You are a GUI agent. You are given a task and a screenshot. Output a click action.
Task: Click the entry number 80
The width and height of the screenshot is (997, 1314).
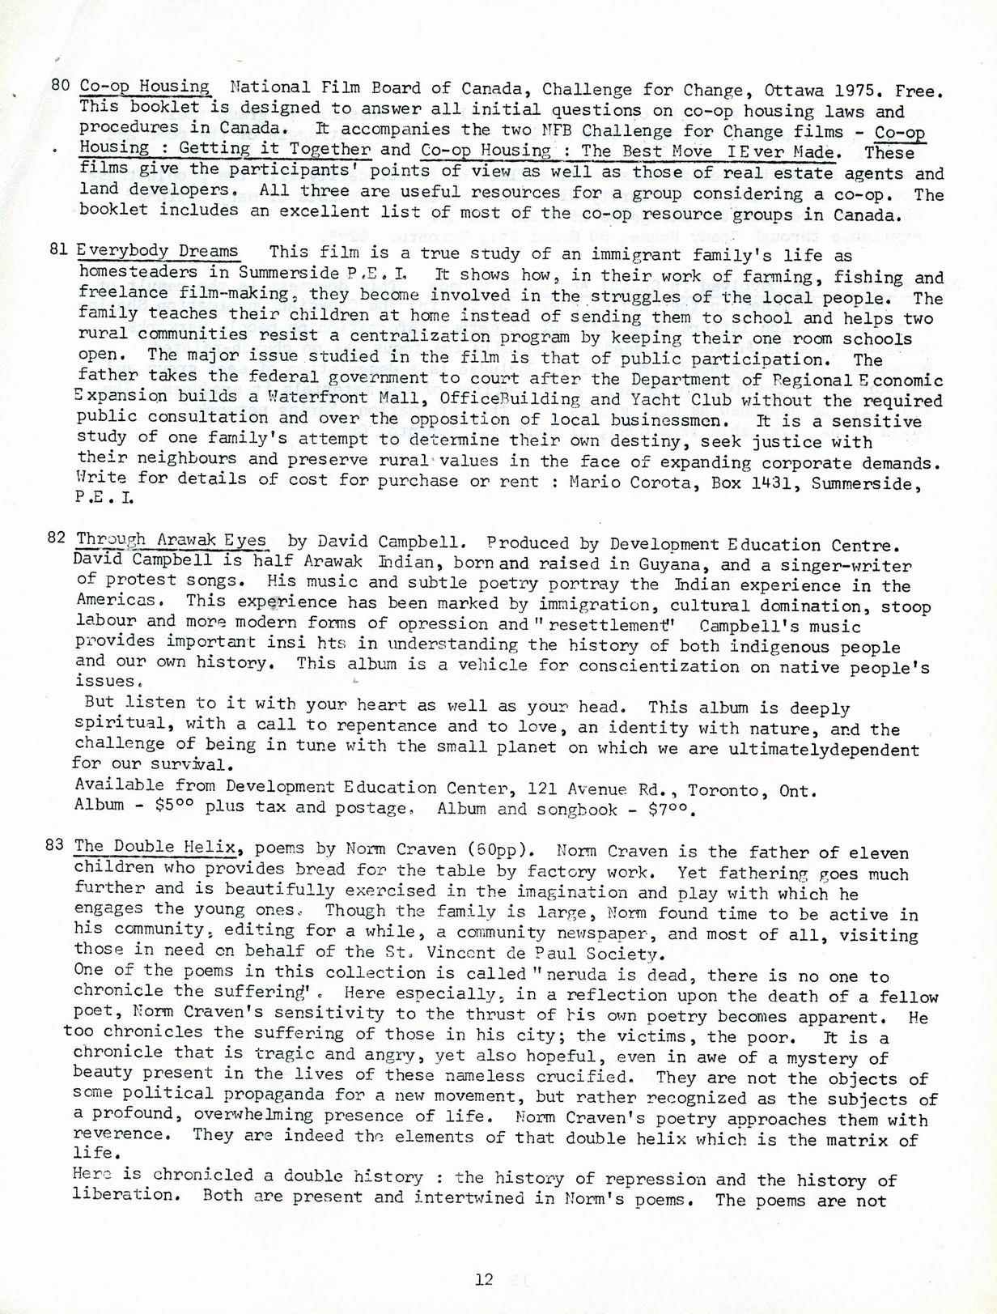(x=61, y=85)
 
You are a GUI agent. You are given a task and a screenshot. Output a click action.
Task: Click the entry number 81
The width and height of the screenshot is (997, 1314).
(x=58, y=250)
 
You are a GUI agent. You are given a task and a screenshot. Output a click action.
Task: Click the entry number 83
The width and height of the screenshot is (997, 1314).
(x=54, y=845)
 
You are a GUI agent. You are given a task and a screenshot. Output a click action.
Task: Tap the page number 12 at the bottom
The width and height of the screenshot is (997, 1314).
(x=484, y=1279)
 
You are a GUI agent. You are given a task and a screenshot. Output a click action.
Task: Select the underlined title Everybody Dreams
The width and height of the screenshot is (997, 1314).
(x=158, y=251)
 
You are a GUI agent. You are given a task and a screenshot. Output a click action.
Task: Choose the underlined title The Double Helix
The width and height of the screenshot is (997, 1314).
(x=155, y=847)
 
